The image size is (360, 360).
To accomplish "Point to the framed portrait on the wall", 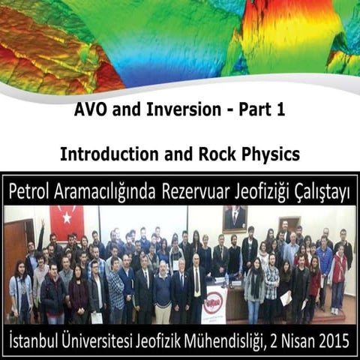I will click(x=235, y=219).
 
